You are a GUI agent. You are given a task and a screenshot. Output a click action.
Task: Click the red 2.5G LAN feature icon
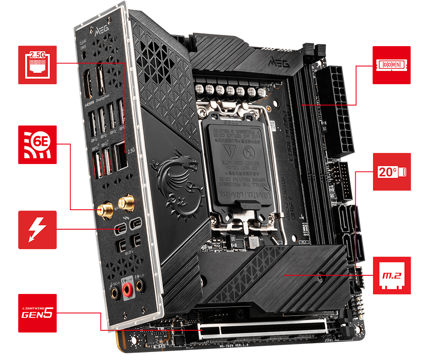point(37,65)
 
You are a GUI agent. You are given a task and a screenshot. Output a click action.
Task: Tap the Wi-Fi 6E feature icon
point(37,145)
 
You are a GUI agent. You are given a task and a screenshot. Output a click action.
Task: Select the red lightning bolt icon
point(37,229)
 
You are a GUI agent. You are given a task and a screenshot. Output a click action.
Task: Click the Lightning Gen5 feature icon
point(37,313)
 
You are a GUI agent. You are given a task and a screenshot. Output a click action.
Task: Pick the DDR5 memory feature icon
point(392,65)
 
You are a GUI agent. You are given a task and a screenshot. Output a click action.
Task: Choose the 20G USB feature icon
point(392,172)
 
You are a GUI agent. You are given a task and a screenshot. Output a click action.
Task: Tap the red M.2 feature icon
point(392,275)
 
